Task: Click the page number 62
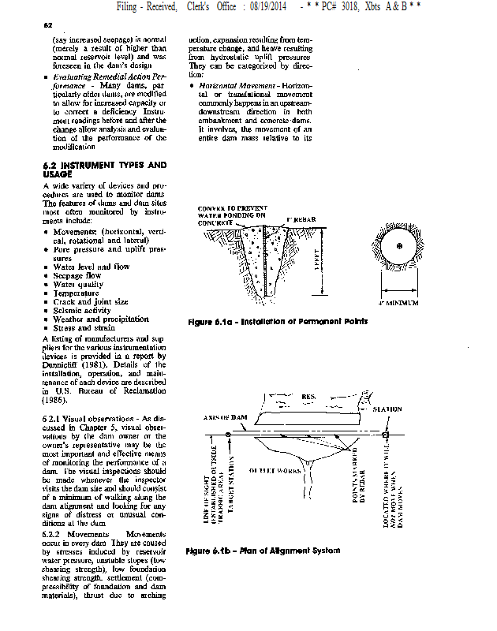pyautogui.click(x=47, y=25)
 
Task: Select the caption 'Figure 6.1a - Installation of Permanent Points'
pyautogui.click(x=278, y=321)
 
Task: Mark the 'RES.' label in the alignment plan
pyautogui.click(x=309, y=396)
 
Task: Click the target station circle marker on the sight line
pyautogui.click(x=228, y=435)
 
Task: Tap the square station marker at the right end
pyautogui.click(x=386, y=435)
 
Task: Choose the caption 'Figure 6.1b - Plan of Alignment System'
pyautogui.click(x=263, y=550)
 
